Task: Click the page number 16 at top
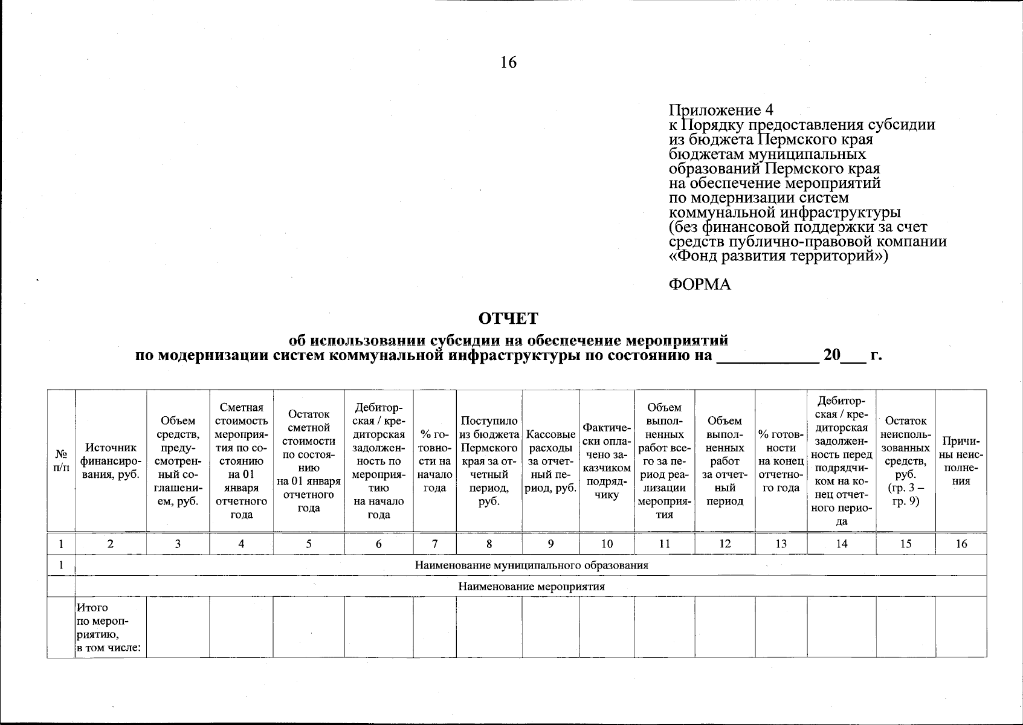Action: click(x=508, y=62)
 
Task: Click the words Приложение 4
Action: click(x=720, y=110)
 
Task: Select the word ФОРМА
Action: click(x=700, y=285)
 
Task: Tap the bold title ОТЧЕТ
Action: click(x=508, y=318)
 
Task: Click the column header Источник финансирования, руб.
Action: click(x=111, y=461)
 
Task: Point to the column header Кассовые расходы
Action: click(x=550, y=461)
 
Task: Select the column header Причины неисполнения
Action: click(x=961, y=461)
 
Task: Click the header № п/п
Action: click(x=61, y=461)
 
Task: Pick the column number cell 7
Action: click(x=434, y=544)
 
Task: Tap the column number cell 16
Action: click(x=961, y=544)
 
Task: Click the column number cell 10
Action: click(x=607, y=544)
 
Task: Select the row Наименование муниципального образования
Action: click(x=531, y=565)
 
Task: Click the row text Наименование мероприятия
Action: click(x=531, y=587)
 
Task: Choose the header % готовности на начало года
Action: click(x=434, y=461)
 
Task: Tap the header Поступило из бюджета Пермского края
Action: click(x=489, y=461)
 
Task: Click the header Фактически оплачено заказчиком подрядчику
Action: click(x=607, y=461)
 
